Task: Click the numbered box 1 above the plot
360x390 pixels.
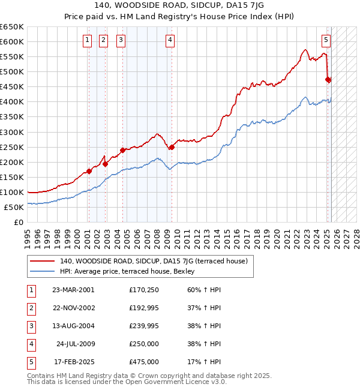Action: pyautogui.click(x=88, y=40)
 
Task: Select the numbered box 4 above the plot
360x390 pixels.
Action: pyautogui.click(x=170, y=40)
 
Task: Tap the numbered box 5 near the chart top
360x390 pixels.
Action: pyautogui.click(x=326, y=40)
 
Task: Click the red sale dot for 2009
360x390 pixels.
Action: pyautogui.click(x=172, y=147)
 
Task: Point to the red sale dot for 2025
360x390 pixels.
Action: pyautogui.click(x=328, y=79)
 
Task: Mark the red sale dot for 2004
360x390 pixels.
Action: pyautogui.click(x=122, y=150)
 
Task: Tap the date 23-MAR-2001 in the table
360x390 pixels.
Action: pyautogui.click(x=74, y=290)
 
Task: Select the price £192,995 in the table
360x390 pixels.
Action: pyautogui.click(x=144, y=308)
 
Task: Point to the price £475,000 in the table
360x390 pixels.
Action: pyautogui.click(x=144, y=362)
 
